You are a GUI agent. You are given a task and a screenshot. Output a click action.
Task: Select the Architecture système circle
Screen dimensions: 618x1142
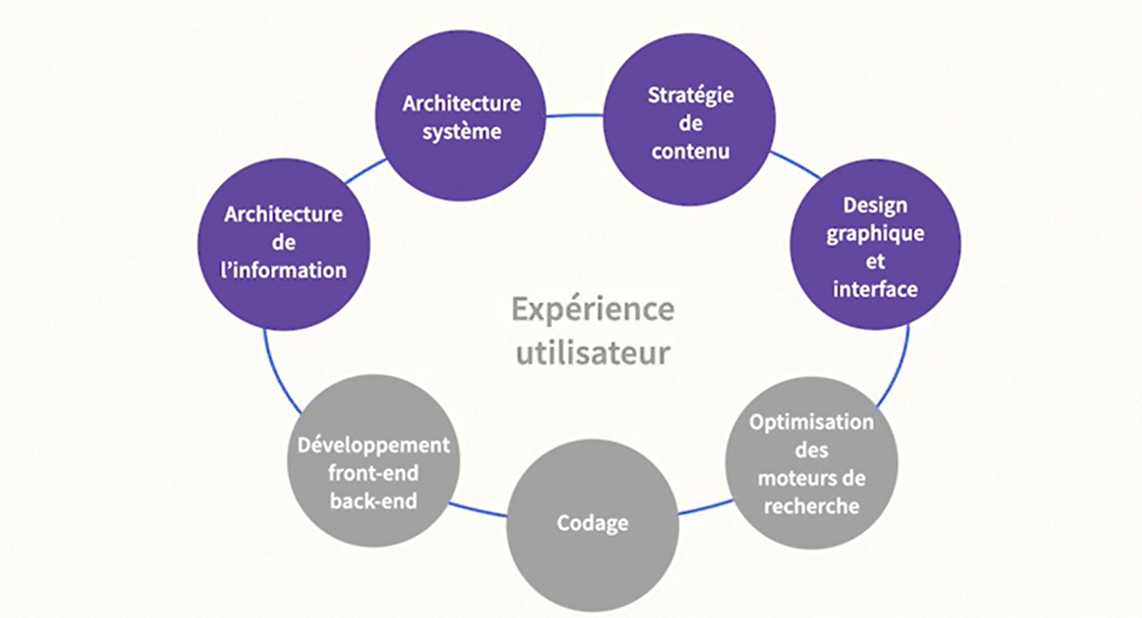[461, 117]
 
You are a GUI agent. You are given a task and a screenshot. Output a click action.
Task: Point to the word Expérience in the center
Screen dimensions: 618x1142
[592, 309]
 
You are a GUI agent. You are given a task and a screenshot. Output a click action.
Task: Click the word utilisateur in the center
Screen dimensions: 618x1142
[592, 351]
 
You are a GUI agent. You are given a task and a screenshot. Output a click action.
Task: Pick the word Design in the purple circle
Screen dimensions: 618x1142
[874, 206]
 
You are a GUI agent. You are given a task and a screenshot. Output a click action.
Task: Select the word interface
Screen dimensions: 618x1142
[874, 289]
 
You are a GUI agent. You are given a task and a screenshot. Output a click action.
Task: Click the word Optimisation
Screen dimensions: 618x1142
[810, 422]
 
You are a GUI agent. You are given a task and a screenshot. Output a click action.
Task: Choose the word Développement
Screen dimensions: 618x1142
[374, 445]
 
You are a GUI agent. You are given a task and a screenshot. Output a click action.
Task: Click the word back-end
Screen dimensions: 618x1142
[374, 501]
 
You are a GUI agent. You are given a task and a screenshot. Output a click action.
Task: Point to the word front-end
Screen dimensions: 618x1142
[374, 473]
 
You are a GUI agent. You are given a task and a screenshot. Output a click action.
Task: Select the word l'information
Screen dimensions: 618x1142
[285, 269]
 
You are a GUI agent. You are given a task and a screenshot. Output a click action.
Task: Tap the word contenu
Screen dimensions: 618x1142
[690, 152]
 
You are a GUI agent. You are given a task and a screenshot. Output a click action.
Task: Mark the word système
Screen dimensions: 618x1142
[461, 131]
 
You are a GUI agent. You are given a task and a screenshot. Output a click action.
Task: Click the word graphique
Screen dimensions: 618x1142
[874, 234]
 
